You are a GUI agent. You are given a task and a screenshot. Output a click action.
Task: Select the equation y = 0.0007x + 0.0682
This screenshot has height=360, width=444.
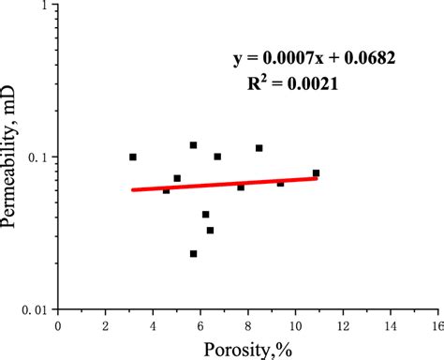315,58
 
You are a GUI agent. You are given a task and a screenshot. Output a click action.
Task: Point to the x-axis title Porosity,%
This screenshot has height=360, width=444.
246,349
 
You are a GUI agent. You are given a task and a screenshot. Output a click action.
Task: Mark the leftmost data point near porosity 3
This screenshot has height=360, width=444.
133,157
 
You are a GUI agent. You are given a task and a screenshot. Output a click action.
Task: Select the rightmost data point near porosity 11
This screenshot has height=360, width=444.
317,172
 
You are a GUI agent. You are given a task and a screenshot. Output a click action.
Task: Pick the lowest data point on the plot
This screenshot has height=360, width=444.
194,254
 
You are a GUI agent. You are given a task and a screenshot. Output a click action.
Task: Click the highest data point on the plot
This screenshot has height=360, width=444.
194,145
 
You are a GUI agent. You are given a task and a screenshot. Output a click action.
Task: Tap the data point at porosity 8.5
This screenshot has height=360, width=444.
259,148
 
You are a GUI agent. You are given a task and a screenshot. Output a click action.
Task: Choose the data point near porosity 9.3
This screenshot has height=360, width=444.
280,183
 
